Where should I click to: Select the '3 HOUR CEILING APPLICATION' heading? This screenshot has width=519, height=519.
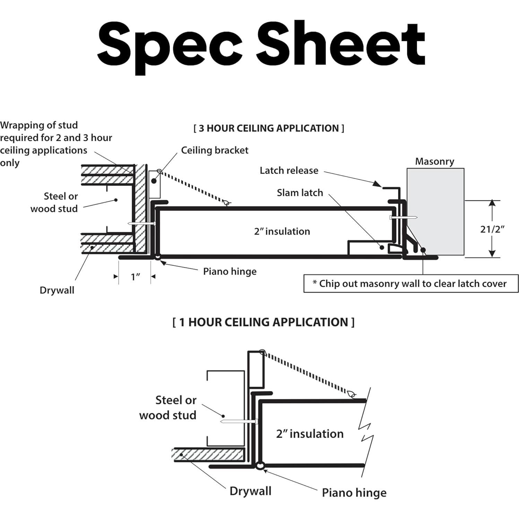[x=269, y=128]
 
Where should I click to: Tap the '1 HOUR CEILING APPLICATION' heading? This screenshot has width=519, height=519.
[x=263, y=322]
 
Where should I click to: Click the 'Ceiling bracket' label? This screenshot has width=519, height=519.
[x=215, y=150]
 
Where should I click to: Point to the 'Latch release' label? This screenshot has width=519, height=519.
[x=289, y=170]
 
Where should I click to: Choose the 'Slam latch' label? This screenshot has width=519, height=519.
[x=300, y=192]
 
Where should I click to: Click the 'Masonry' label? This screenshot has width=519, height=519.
[x=434, y=161]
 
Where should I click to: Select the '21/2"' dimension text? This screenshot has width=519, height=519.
[x=492, y=229]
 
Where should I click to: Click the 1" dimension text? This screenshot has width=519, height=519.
[x=135, y=277]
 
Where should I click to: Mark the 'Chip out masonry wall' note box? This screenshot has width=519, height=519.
[x=411, y=284]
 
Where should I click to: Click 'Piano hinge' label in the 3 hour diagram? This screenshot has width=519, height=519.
[x=230, y=271]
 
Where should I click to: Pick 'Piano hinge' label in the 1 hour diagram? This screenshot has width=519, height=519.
[x=354, y=492]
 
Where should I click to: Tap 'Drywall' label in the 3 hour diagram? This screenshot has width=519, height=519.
[x=57, y=290]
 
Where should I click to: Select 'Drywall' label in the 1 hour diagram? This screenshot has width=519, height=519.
[x=250, y=491]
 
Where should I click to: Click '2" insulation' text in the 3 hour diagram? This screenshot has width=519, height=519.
[x=282, y=231]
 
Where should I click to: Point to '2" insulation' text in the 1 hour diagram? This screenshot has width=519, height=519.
[x=310, y=433]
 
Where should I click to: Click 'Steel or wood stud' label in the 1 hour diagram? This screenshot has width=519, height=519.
[x=168, y=407]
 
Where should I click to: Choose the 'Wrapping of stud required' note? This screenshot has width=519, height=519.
[x=55, y=144]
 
